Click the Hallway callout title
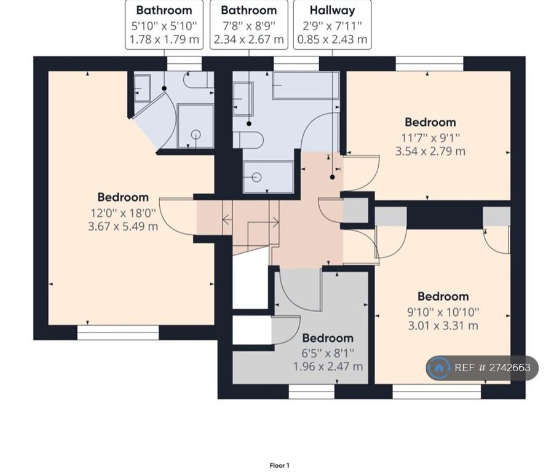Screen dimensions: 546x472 point(332,10)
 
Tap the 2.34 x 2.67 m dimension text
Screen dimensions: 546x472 point(248,39)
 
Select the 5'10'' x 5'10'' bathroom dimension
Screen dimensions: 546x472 point(164,25)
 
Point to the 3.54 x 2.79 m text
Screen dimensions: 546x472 point(430,151)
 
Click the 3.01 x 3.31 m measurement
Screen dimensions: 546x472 point(443,326)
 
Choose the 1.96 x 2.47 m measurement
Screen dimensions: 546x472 point(328,366)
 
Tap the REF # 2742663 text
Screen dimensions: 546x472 point(493,368)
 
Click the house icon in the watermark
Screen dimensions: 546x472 point(439,368)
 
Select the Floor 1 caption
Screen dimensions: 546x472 point(280,465)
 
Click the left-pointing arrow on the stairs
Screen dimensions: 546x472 point(228,220)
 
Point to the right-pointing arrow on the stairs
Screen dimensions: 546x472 point(274,222)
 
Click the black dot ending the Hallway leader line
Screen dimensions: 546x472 point(332,177)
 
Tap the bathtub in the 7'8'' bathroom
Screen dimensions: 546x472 point(306,85)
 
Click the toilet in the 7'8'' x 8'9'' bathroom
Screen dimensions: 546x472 point(248,140)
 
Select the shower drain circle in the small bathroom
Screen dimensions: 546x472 point(196,134)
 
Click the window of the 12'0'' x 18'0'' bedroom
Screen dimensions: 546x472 point(117,332)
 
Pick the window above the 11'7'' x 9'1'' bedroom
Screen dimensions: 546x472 point(429,64)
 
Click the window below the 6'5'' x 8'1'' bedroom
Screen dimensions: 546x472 point(312,391)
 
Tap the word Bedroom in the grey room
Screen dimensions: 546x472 point(328,338)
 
